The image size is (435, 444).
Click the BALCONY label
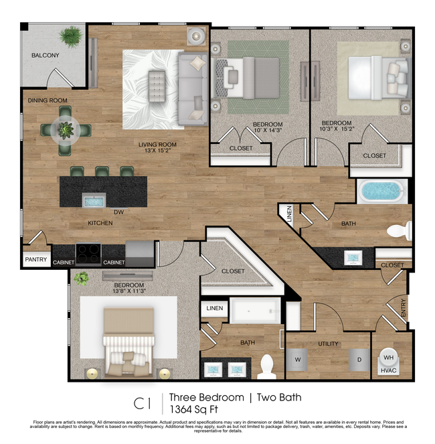pyautogui.click(x=46, y=56)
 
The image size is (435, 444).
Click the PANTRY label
pyautogui.click(x=36, y=259)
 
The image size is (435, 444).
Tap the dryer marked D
pyautogui.click(x=359, y=360)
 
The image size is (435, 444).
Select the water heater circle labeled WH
pyautogui.click(x=388, y=358)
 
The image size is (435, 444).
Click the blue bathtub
pyautogui.click(x=382, y=192)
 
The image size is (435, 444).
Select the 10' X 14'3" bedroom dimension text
pyautogui.click(x=267, y=133)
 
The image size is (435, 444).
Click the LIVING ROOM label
pyautogui.click(x=157, y=145)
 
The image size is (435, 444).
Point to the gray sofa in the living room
pyautogui.click(x=192, y=88)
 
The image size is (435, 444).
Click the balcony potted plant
pyautogui.click(x=70, y=35)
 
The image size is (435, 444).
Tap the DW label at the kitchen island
pyautogui.click(x=118, y=212)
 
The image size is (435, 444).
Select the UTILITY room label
pyautogui.click(x=328, y=344)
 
